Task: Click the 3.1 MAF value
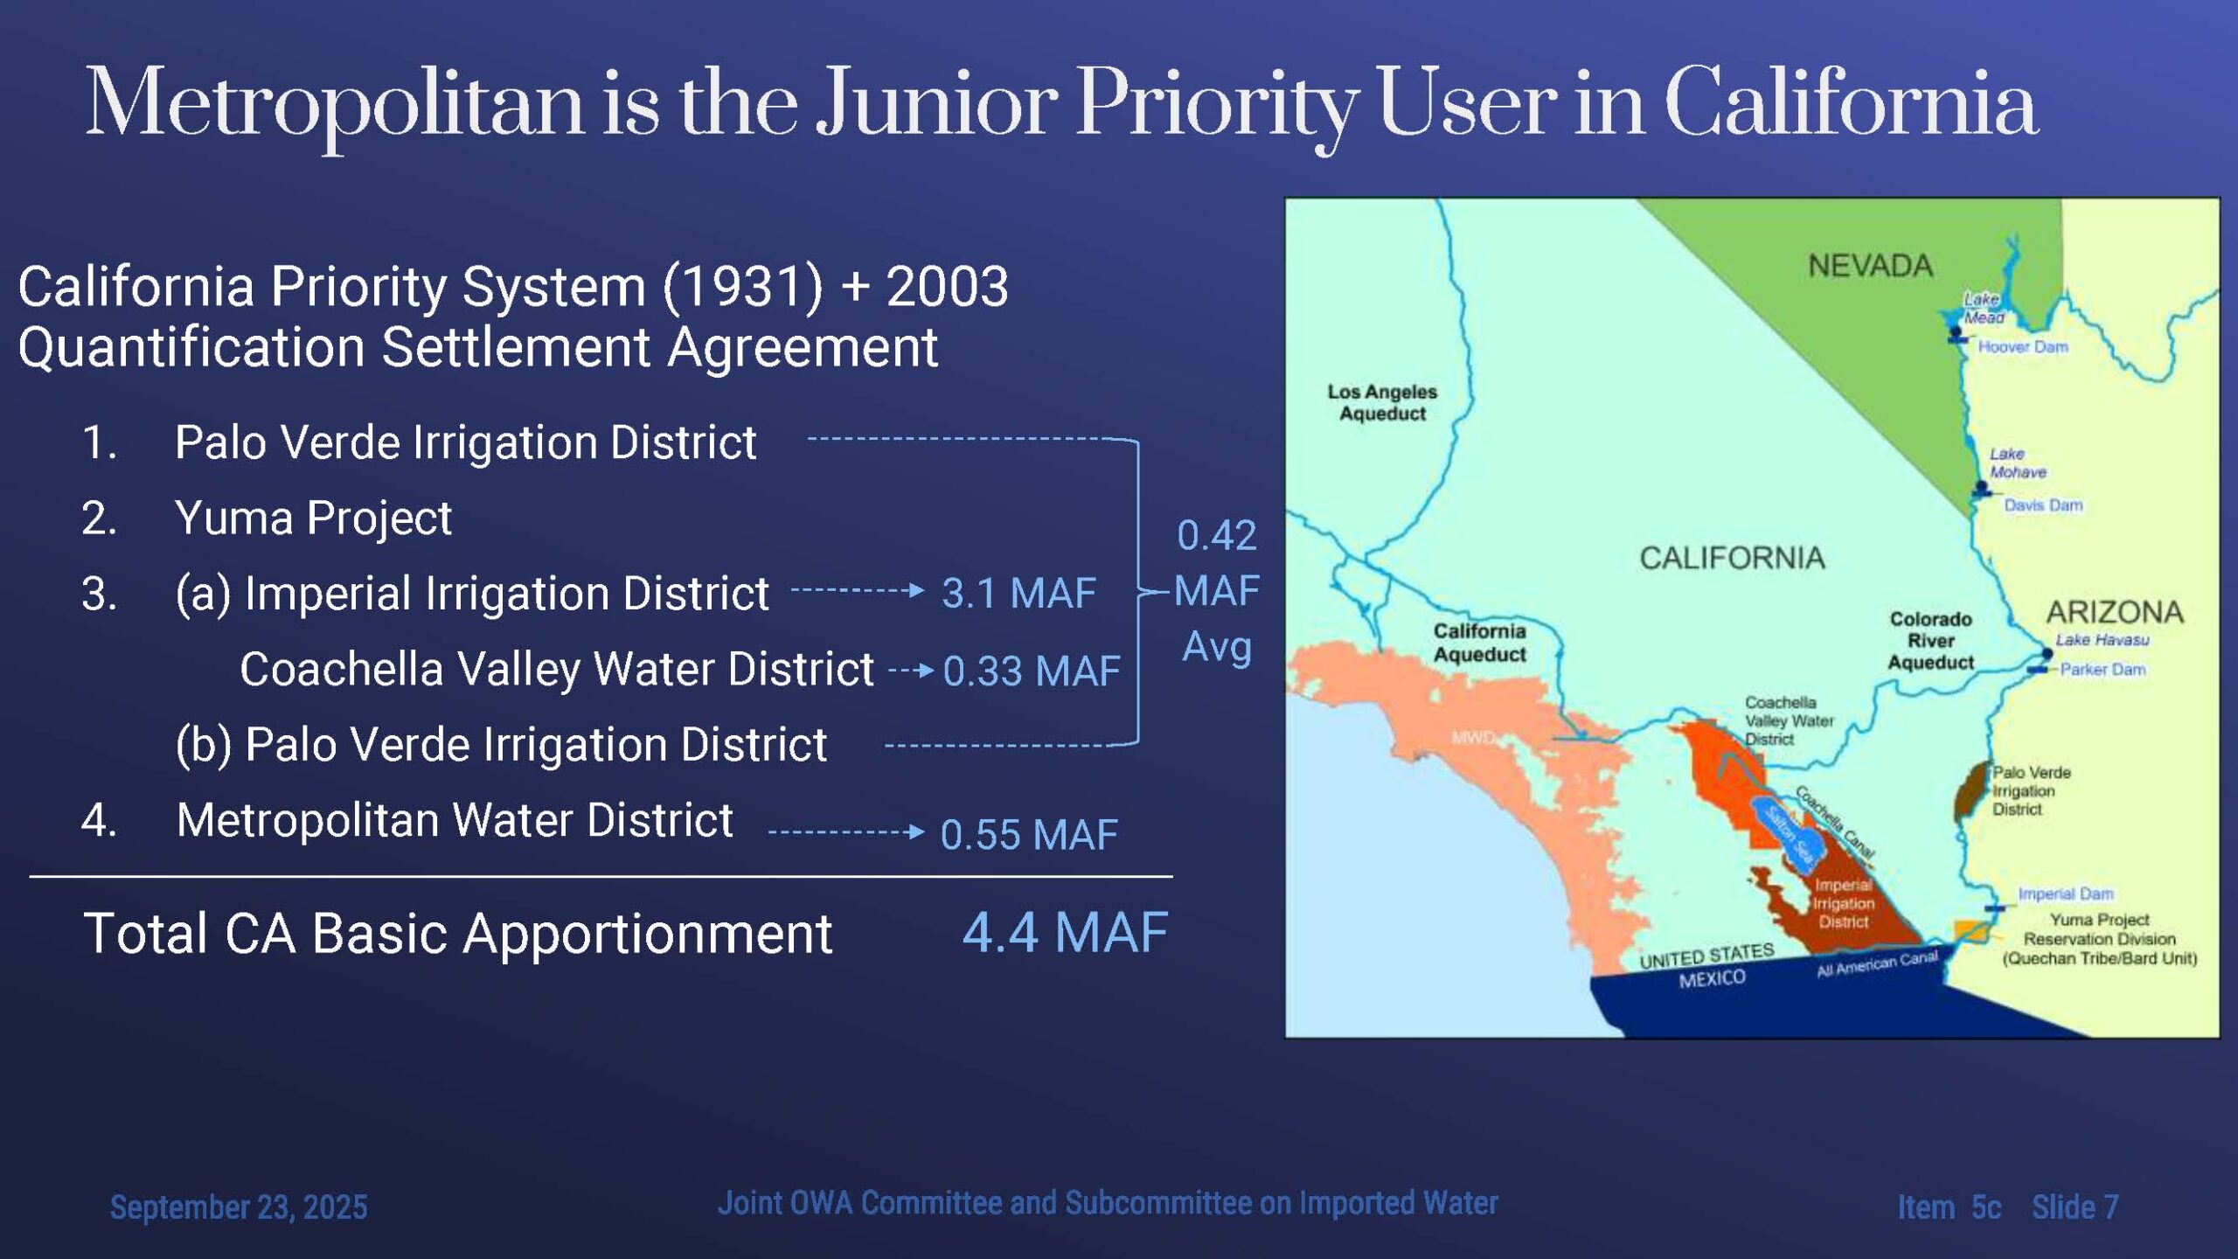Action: pyautogui.click(x=1018, y=594)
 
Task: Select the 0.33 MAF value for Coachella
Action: pyautogui.click(x=1032, y=671)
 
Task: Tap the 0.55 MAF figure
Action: pyautogui.click(x=1029, y=835)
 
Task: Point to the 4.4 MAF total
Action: pyautogui.click(x=1065, y=932)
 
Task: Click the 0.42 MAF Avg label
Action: pyautogui.click(x=1216, y=591)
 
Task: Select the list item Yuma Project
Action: pyautogui.click(x=313, y=518)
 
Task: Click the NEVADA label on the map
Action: pyautogui.click(x=1870, y=265)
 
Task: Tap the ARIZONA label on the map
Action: pyautogui.click(x=2115, y=611)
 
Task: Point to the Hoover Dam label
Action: pyautogui.click(x=2023, y=347)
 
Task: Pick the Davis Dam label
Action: pyautogui.click(x=2043, y=505)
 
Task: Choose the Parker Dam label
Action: pyautogui.click(x=2102, y=670)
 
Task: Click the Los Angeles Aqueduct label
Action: pyautogui.click(x=1382, y=402)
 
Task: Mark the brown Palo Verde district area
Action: pyautogui.click(x=1972, y=790)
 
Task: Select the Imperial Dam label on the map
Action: pyautogui.click(x=2065, y=894)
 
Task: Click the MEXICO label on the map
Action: pyautogui.click(x=1712, y=978)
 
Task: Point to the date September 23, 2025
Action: pyautogui.click(x=239, y=1207)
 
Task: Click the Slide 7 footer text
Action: pyautogui.click(x=2075, y=1207)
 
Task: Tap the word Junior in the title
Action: pyautogui.click(x=936, y=104)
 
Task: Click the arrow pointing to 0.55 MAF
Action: pyautogui.click(x=845, y=831)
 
